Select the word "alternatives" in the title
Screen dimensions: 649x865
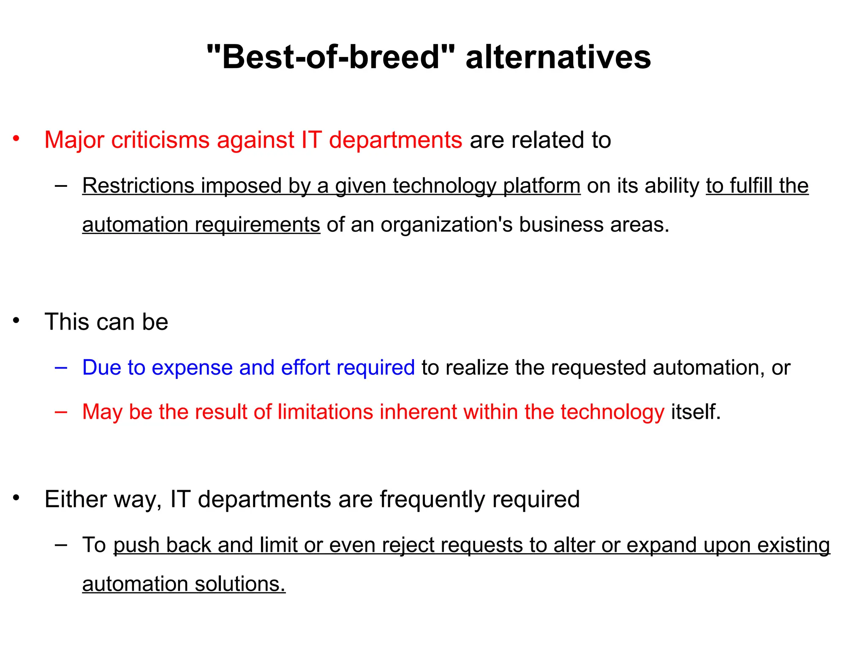pyautogui.click(x=558, y=57)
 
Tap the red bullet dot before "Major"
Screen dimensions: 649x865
pyautogui.click(x=16, y=138)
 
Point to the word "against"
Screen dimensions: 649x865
pyautogui.click(x=255, y=139)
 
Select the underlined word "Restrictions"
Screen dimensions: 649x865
pyautogui.click(x=138, y=185)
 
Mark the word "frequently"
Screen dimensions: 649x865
pyautogui.click(x=432, y=500)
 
